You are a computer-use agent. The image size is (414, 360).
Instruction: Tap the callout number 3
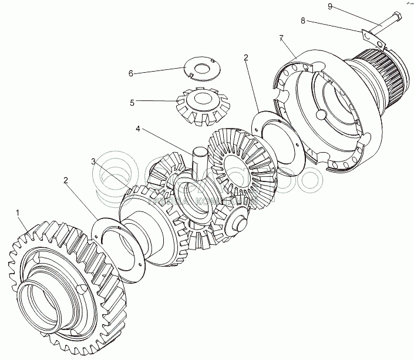click(93, 160)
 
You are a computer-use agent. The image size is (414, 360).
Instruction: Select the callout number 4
click(137, 127)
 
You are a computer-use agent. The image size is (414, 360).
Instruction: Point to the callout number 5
click(133, 102)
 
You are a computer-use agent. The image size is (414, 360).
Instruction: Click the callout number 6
click(131, 73)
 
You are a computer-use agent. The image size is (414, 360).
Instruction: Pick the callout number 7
click(282, 38)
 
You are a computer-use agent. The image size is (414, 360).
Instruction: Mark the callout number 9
click(330, 6)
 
